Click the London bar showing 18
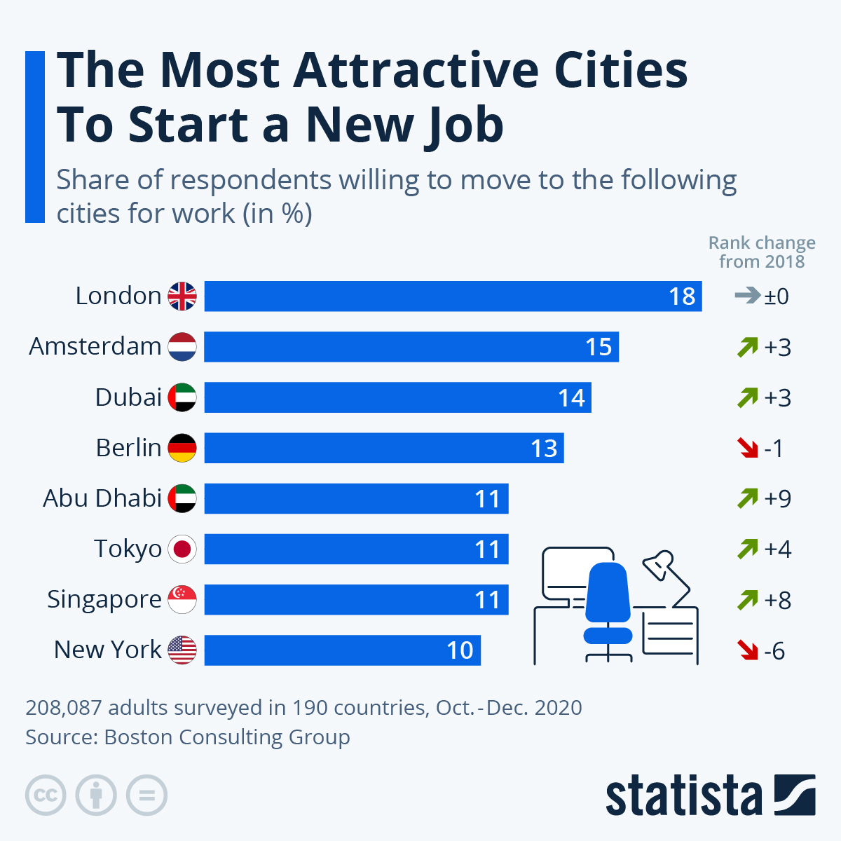[453, 296]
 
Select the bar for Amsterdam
[411, 347]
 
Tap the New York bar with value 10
[342, 650]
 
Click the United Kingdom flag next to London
[182, 296]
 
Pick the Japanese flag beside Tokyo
[182, 549]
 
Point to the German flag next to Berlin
[182, 448]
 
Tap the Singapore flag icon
[182, 600]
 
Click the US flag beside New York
[182, 650]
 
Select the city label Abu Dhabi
[102, 498]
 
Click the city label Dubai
[128, 397]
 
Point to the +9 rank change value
[777, 498]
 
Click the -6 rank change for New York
[774, 651]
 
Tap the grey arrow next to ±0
[747, 296]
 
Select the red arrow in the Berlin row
[748, 448]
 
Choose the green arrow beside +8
[748, 600]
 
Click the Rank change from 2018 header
[762, 252]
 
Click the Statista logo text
[683, 796]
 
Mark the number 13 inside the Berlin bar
[544, 449]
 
